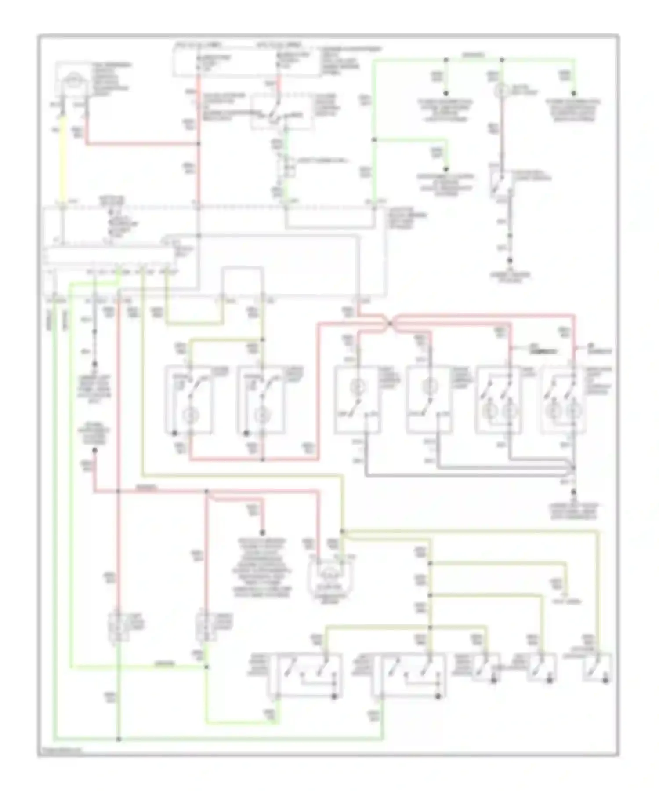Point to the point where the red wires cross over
pyautogui.click(x=389, y=324)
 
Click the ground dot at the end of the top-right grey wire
pyautogui.click(x=510, y=260)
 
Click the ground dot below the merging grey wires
pyautogui.click(x=573, y=492)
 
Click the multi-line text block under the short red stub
pyautogui.click(x=262, y=567)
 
